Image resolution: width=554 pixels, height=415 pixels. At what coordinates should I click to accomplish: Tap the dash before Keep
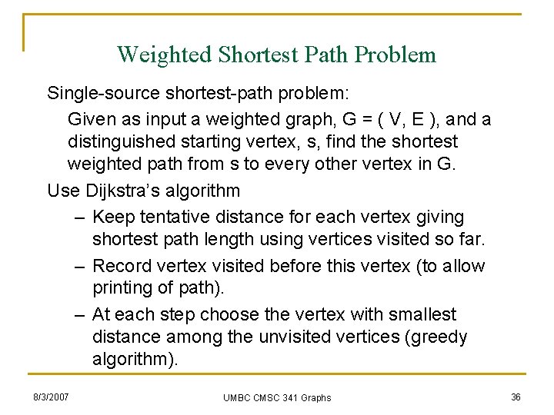click(x=79, y=217)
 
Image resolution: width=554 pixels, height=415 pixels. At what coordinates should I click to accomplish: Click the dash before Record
click(x=79, y=266)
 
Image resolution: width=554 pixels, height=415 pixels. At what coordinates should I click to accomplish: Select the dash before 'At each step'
click(x=79, y=314)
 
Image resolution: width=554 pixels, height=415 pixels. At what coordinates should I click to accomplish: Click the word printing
click(x=123, y=287)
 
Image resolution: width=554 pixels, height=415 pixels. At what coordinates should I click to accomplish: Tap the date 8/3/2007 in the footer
click(x=51, y=397)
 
